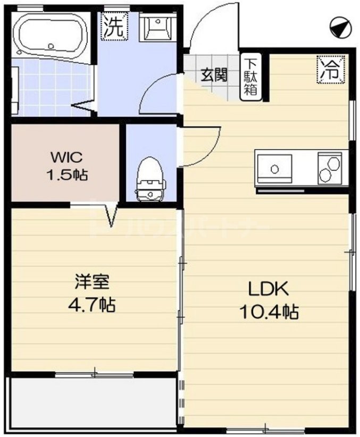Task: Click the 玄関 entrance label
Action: tap(213, 74)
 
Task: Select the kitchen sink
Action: tap(275, 169)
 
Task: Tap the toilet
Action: tap(150, 180)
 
